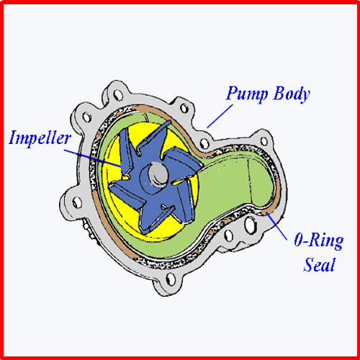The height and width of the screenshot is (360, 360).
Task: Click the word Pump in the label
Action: coord(247,93)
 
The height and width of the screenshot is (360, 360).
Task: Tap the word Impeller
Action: coord(40,138)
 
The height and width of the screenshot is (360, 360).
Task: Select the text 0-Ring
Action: coord(319,240)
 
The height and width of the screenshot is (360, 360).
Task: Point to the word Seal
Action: coord(319,264)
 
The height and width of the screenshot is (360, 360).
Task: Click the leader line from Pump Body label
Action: coord(220,116)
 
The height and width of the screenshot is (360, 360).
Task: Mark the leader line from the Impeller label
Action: coord(93,158)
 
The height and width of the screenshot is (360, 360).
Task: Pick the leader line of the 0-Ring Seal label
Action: coord(276,225)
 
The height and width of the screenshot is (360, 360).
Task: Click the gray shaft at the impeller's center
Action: coord(158,174)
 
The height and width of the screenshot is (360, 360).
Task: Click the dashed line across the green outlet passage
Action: coord(249,182)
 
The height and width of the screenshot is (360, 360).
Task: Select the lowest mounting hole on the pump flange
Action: coord(171,279)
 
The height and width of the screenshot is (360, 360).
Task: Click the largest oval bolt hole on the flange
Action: coord(250,225)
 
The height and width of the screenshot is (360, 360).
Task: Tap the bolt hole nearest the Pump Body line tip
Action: coord(204,143)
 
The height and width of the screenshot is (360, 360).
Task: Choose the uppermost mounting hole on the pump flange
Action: coord(118,95)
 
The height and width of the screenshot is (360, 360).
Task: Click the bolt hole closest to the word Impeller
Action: coord(86,117)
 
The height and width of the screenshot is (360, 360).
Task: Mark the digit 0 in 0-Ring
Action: coord(299,240)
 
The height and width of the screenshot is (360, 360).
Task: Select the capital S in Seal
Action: coord(310,264)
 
